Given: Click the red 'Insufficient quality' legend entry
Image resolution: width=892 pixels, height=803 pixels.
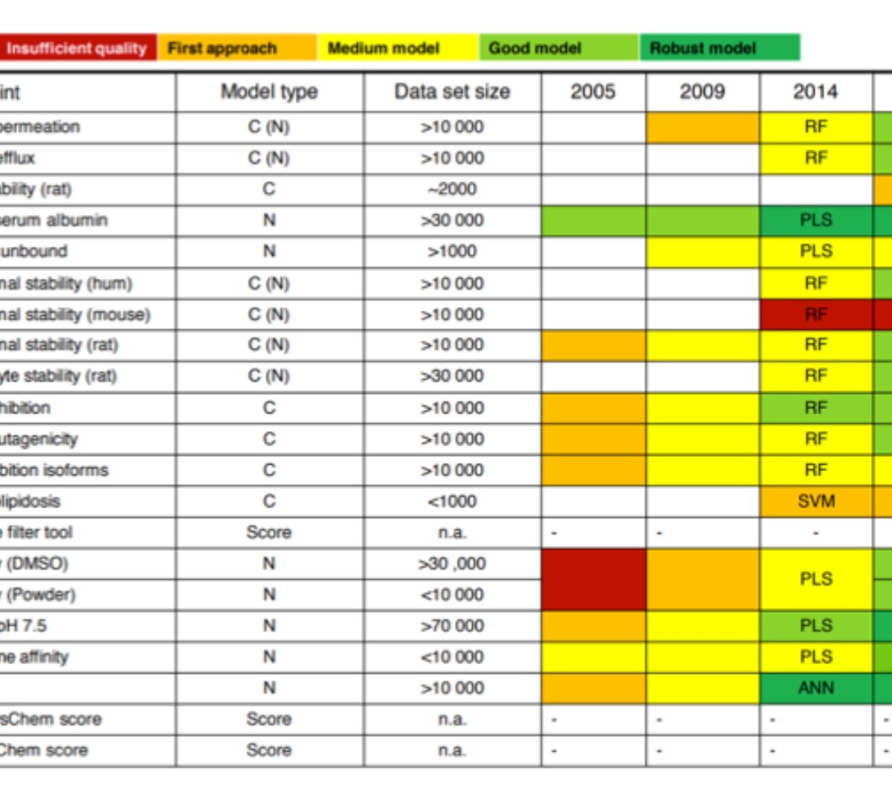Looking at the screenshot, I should pyautogui.click(x=77, y=48).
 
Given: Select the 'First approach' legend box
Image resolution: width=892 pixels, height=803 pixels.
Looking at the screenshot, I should pyautogui.click(x=236, y=48).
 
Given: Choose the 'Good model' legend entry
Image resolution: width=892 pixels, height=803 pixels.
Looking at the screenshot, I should pyautogui.click(x=558, y=48).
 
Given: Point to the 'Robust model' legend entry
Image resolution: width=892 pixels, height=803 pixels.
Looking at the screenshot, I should pyautogui.click(x=719, y=48).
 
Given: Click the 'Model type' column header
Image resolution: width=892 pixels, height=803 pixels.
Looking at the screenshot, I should pyautogui.click(x=269, y=92).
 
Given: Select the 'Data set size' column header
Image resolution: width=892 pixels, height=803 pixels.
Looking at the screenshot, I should pyautogui.click(x=452, y=92).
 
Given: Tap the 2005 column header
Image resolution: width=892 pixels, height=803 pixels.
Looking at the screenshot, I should pyautogui.click(x=593, y=92).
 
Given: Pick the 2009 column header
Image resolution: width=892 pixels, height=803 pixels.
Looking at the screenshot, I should pyautogui.click(x=702, y=92).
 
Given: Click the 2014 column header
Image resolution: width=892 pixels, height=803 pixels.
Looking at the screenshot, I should pyautogui.click(x=815, y=92).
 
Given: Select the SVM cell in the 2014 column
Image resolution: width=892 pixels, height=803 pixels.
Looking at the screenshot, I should pyautogui.click(x=815, y=501).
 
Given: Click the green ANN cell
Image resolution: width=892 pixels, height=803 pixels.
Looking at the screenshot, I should pyautogui.click(x=815, y=688).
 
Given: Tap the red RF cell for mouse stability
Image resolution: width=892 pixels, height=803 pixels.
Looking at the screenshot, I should pyautogui.click(x=815, y=315).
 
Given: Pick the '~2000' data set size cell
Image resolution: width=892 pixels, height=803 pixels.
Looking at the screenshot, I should pyautogui.click(x=452, y=189).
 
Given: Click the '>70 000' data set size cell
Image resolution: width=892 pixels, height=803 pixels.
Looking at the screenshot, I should pyautogui.click(x=452, y=625).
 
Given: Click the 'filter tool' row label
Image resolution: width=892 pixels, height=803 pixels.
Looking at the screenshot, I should pyautogui.click(x=41, y=532).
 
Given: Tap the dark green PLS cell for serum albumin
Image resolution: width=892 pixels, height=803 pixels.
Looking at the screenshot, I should pyautogui.click(x=815, y=220).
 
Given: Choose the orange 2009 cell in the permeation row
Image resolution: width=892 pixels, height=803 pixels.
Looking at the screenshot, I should pyautogui.click(x=702, y=127).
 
